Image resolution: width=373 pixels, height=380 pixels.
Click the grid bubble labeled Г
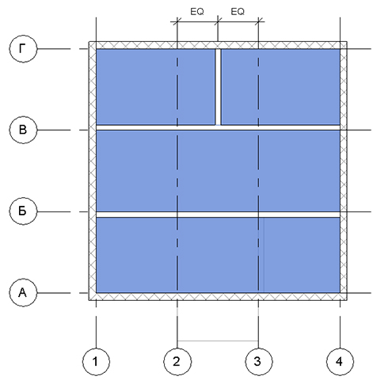[23, 48]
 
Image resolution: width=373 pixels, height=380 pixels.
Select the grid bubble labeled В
[23, 130]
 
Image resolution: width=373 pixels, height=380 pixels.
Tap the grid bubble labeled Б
[23, 211]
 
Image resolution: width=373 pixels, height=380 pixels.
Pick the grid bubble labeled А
[23, 293]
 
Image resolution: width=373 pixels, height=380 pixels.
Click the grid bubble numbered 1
[96, 362]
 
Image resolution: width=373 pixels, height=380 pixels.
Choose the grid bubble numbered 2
[177, 362]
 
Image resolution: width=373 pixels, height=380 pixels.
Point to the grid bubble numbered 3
[259, 362]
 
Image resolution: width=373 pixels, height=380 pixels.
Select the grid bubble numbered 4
[340, 362]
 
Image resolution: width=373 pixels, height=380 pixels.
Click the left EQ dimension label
[197, 12]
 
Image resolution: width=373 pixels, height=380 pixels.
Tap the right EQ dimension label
[238, 12]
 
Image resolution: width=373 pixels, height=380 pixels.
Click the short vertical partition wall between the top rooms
[218, 87]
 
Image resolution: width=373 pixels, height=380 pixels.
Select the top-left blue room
[155, 87]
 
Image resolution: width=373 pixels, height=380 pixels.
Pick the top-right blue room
[280, 87]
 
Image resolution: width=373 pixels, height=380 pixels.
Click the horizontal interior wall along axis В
[218, 127]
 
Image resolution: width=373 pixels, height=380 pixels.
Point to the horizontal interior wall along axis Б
[218, 215]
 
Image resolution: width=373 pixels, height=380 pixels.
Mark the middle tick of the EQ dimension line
[218, 21]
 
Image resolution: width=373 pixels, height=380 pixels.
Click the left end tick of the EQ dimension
[177, 21]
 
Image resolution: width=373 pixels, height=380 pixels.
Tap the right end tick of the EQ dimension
[258, 21]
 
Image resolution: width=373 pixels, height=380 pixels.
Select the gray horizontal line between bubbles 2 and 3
[218, 341]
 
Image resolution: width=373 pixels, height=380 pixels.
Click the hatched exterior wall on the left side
[93, 171]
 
